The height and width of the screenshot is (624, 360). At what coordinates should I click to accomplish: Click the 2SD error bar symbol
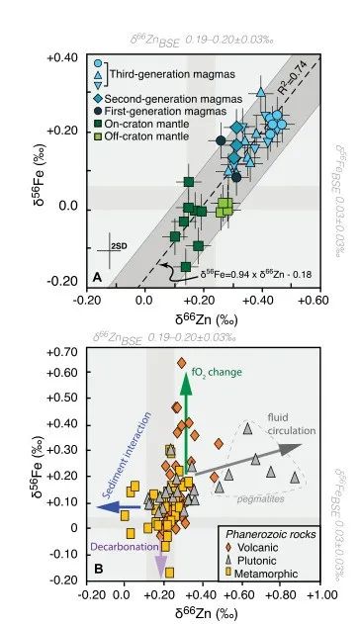tap(115, 246)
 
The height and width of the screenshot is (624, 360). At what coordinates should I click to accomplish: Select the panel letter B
tap(97, 572)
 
